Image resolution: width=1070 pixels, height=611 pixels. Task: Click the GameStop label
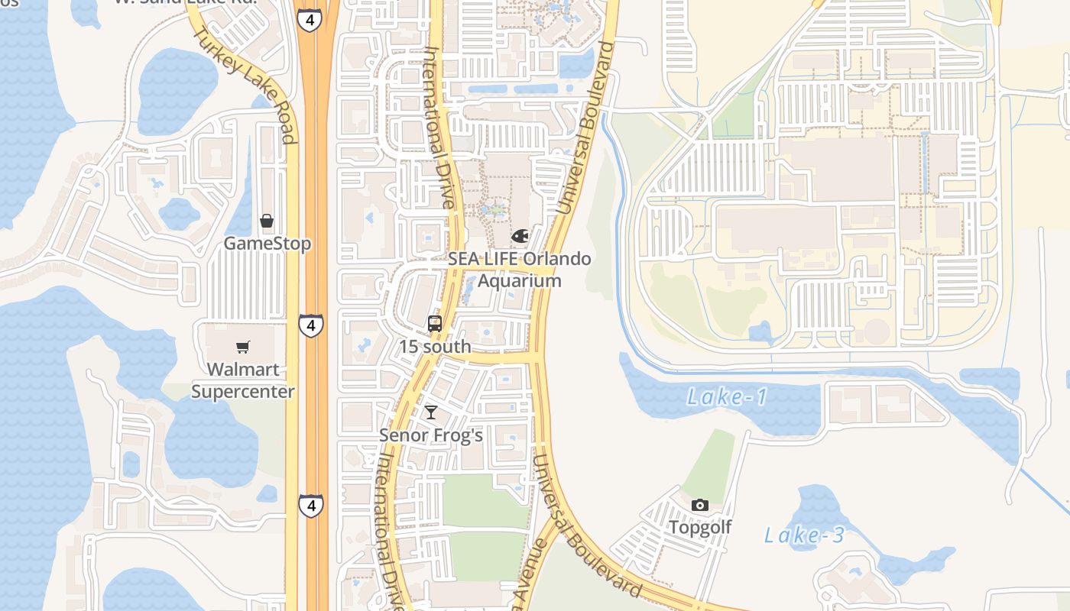pyautogui.click(x=267, y=244)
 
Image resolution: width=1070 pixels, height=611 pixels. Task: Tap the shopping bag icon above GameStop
pyautogui.click(x=267, y=221)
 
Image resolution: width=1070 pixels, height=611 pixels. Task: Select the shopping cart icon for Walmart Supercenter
pyautogui.click(x=243, y=348)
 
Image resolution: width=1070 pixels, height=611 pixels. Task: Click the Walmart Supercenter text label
pyautogui.click(x=242, y=380)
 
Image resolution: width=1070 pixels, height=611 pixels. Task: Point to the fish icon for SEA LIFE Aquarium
pyautogui.click(x=520, y=236)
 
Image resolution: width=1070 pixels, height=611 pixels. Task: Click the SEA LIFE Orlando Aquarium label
pyautogui.click(x=520, y=270)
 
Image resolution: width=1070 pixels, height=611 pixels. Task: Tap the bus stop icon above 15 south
pyautogui.click(x=435, y=324)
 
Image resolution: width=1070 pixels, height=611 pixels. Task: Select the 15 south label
pyautogui.click(x=435, y=346)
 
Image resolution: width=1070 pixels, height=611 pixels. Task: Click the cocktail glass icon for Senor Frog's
pyautogui.click(x=431, y=412)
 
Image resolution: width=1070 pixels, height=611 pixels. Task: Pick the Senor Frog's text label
pyautogui.click(x=431, y=435)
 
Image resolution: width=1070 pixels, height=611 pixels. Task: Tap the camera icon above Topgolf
pyautogui.click(x=699, y=505)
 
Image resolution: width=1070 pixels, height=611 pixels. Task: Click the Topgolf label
pyautogui.click(x=700, y=527)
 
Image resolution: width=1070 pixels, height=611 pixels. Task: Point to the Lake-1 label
pyautogui.click(x=727, y=397)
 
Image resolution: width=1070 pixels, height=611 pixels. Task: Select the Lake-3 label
pyautogui.click(x=805, y=535)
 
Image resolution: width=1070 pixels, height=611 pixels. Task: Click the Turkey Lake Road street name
pyautogui.click(x=244, y=84)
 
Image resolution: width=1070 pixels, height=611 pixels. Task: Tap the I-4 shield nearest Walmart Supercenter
pyautogui.click(x=311, y=325)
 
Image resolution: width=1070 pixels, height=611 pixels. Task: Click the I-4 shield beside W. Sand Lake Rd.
pyautogui.click(x=309, y=20)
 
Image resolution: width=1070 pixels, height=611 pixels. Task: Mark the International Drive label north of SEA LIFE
pyautogui.click(x=440, y=126)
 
